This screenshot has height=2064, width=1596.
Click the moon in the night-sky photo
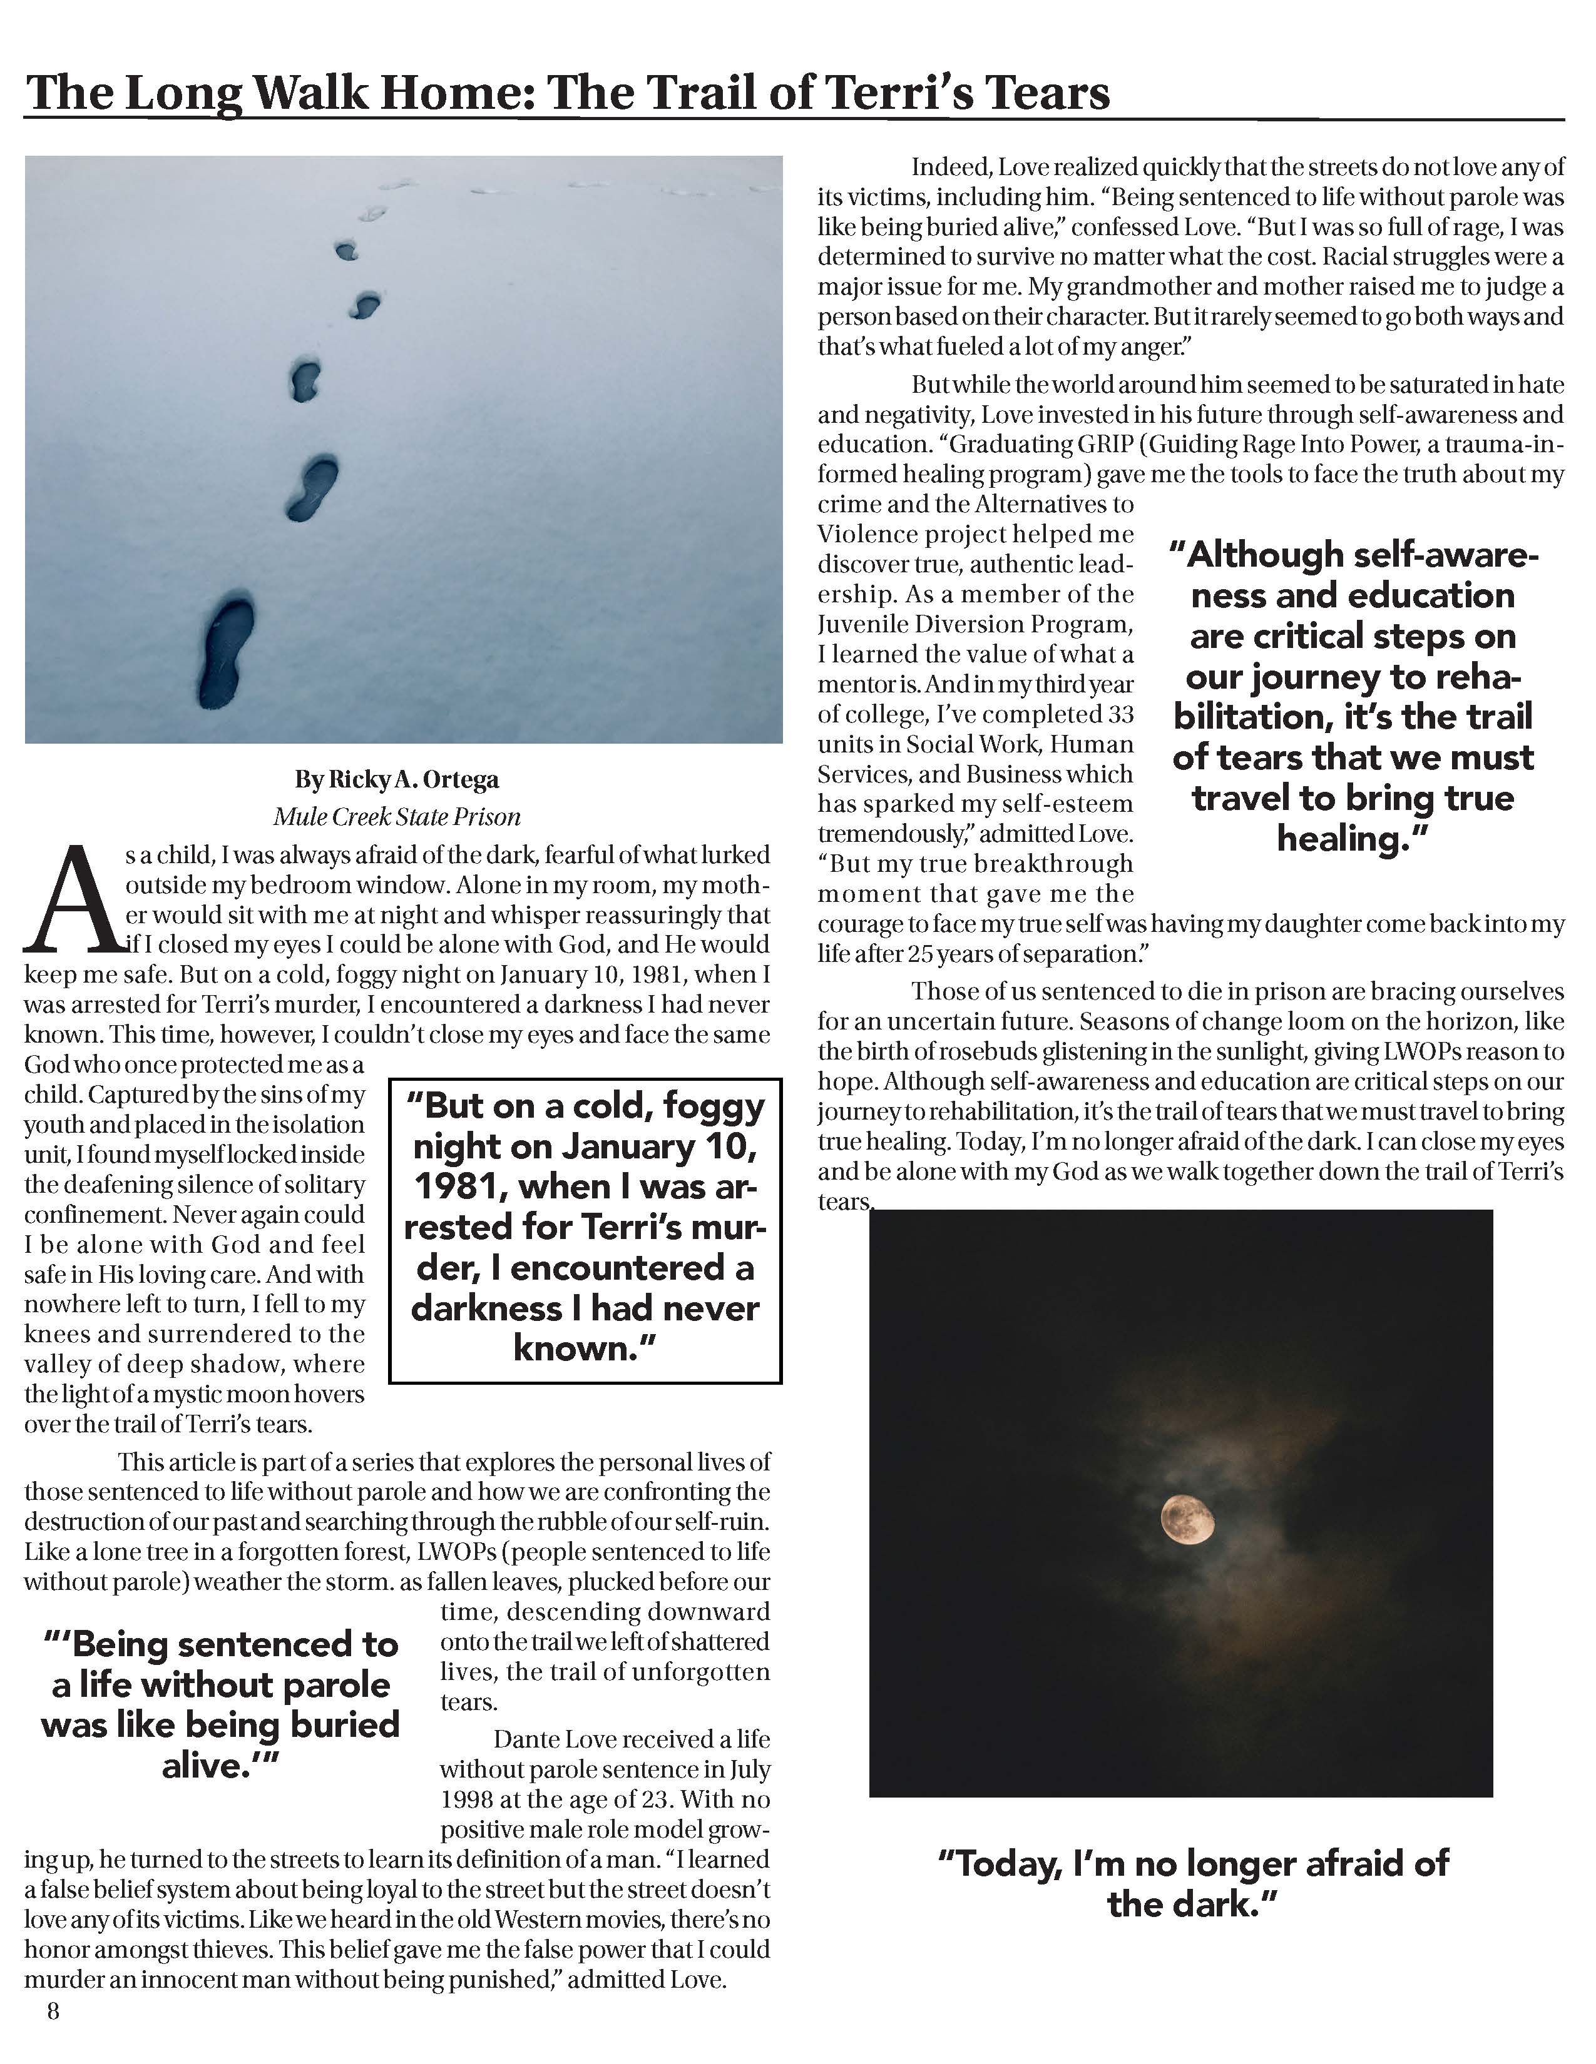pos(1187,1519)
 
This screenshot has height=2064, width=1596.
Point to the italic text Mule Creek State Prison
pos(396,816)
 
